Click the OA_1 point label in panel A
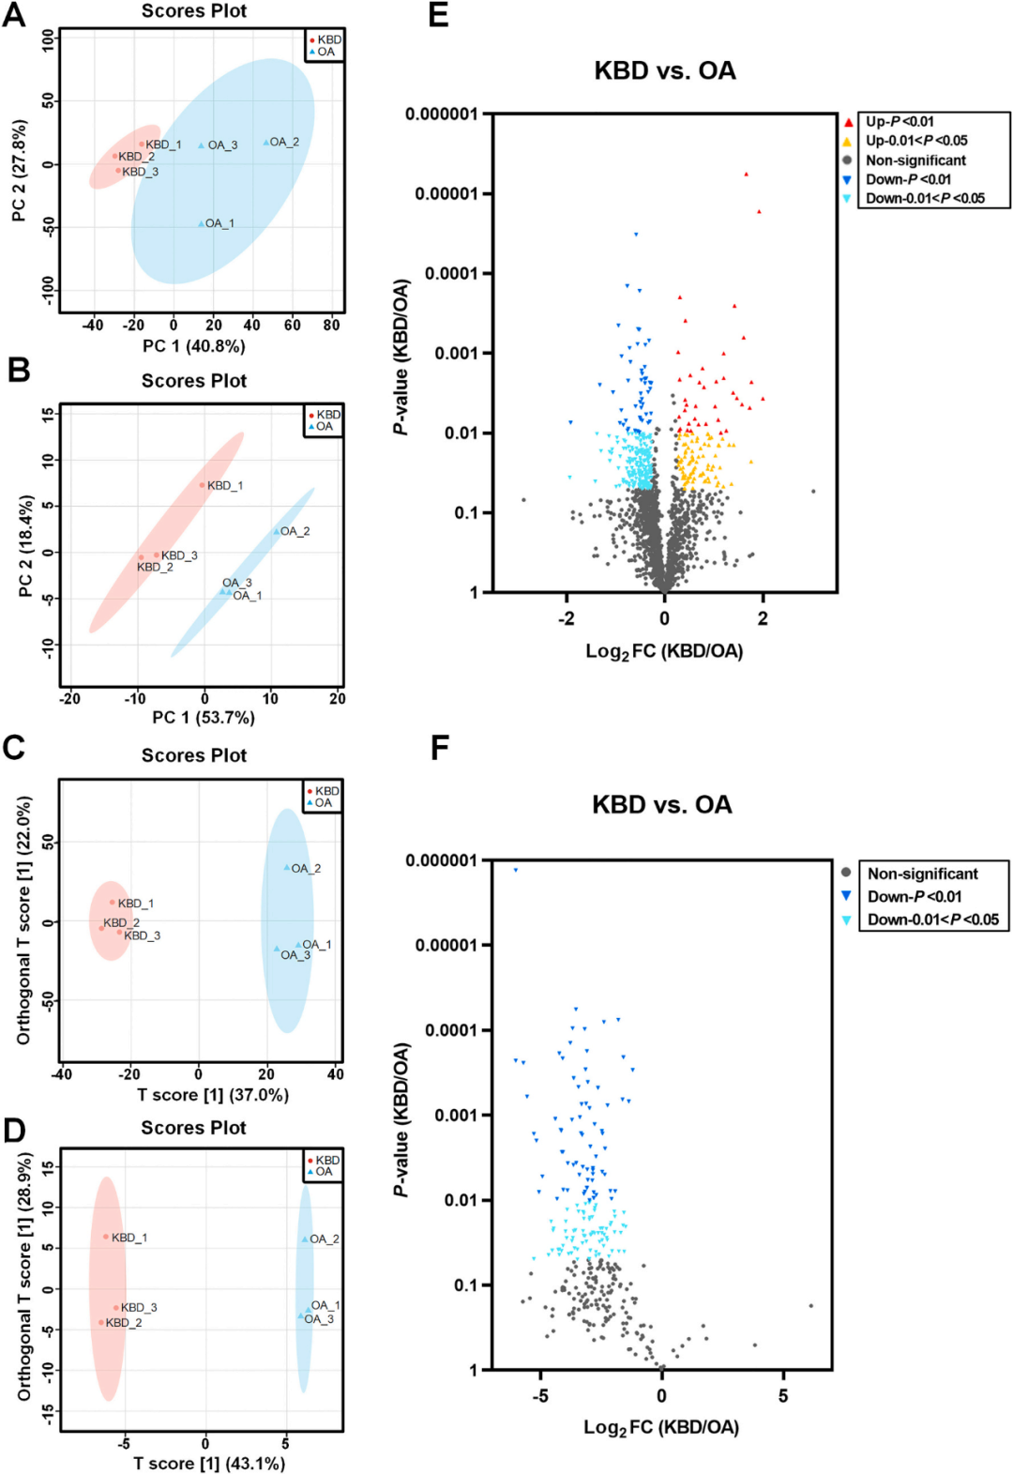tap(219, 223)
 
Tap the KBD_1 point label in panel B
tap(225, 485)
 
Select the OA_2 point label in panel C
tap(306, 868)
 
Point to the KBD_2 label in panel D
tap(124, 1322)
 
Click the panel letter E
tap(438, 16)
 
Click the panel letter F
tap(439, 748)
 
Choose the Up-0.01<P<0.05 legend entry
tap(915, 141)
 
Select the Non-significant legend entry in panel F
tap(922, 874)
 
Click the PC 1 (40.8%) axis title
tap(194, 346)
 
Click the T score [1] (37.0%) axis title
tap(213, 1095)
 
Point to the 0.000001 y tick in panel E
tap(441, 114)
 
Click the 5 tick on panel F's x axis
tap(782, 1396)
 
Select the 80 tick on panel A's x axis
tap(331, 325)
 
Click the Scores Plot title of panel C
tap(194, 755)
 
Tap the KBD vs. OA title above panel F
tap(662, 804)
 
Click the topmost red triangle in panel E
tap(747, 174)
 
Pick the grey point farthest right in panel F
tap(811, 1305)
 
